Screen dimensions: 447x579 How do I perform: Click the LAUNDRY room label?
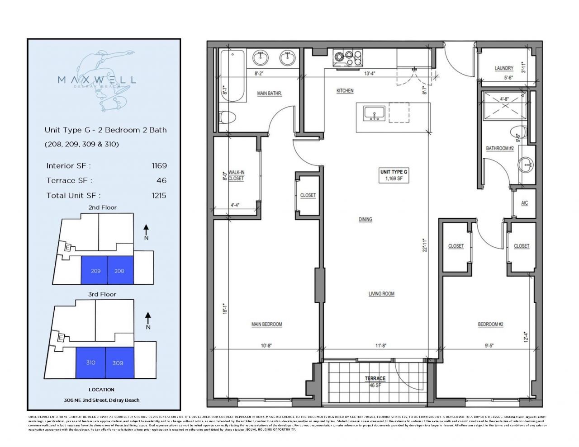pyautogui.click(x=503, y=68)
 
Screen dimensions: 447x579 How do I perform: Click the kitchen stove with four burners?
pyautogui.click(x=347, y=57)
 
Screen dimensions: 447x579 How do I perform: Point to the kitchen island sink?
pyautogui.click(x=374, y=113)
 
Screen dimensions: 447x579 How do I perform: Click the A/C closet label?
pyautogui.click(x=524, y=203)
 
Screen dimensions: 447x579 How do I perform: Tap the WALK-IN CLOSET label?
pyautogui.click(x=236, y=175)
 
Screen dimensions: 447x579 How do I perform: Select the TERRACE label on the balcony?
pyautogui.click(x=375, y=378)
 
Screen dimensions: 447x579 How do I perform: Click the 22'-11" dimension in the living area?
pyautogui.click(x=424, y=245)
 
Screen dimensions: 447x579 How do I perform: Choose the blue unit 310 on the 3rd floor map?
pyautogui.click(x=90, y=362)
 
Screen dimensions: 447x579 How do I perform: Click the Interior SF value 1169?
pyautogui.click(x=159, y=166)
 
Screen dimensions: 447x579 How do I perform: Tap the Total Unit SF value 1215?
pyautogui.click(x=159, y=195)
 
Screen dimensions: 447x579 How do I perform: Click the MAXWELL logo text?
pyautogui.click(x=97, y=80)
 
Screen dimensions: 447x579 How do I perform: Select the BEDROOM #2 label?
pyautogui.click(x=490, y=325)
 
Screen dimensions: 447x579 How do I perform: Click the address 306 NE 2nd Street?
pyautogui.click(x=101, y=400)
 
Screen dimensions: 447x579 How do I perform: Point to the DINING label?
pyautogui.click(x=365, y=219)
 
